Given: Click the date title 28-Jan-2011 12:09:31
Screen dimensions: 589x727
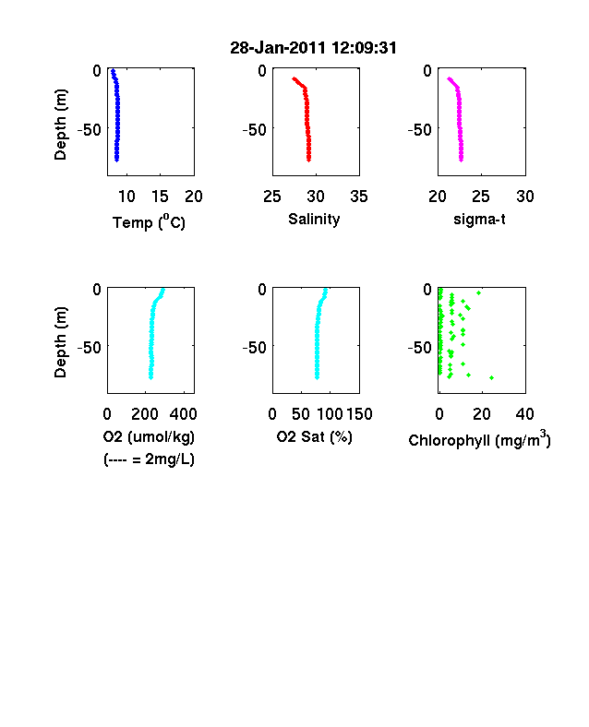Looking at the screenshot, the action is (314, 48).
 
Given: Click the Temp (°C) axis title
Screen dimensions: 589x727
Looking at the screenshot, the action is (149, 222).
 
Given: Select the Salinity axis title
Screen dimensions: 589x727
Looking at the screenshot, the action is (314, 219).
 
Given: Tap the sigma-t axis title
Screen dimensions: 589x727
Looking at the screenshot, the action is (479, 219).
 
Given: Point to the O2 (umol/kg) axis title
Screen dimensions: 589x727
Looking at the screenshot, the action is (149, 436).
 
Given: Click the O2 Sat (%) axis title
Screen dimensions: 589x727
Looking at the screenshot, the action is (315, 436).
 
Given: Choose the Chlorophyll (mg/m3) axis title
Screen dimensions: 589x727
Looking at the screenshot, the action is (479, 438).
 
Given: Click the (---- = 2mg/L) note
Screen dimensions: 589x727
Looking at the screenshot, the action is (149, 459).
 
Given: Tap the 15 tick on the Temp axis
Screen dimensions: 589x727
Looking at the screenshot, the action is (160, 197).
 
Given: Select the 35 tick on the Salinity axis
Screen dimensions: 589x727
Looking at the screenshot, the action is (359, 197).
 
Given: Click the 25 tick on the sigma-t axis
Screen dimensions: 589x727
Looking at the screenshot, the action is (480, 197).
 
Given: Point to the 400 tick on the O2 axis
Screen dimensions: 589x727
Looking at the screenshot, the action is (183, 414).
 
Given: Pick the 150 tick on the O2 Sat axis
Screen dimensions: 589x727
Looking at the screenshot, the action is (359, 414).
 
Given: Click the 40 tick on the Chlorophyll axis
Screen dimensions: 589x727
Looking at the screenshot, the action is (524, 414).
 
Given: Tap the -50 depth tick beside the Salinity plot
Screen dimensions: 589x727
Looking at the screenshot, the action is (255, 130).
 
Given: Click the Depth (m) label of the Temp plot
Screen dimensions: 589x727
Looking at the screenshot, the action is (60, 125).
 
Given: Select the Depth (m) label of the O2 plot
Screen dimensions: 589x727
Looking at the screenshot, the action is (60, 342).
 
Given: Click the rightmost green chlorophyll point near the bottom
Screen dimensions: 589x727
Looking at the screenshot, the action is (492, 378).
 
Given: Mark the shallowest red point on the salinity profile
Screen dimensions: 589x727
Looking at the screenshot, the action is (294, 78).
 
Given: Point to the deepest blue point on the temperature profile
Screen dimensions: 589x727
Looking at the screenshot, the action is (117, 160).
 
